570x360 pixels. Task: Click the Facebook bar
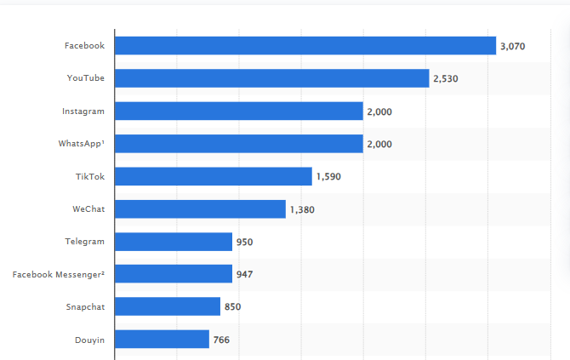point(305,46)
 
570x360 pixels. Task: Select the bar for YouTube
point(271,78)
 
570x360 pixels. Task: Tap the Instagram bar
point(238,111)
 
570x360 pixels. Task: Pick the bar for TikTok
point(213,176)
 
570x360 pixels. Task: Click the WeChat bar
point(200,209)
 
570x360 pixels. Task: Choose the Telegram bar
point(173,242)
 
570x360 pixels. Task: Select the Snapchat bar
point(167,306)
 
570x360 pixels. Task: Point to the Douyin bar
point(162,340)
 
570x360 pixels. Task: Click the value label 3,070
point(513,46)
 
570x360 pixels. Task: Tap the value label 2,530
point(446,78)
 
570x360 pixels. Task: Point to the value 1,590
point(328,177)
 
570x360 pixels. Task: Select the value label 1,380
point(302,209)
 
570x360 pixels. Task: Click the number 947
point(244,274)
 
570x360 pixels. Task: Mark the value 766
point(221,340)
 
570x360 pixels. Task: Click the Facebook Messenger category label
point(59,274)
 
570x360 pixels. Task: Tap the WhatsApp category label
point(82,144)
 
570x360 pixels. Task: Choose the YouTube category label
point(86,78)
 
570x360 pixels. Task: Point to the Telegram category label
point(84,242)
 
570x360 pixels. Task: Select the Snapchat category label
point(85,306)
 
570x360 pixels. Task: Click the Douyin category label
point(89,340)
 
